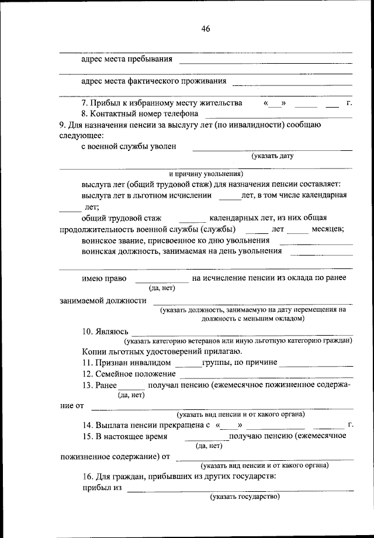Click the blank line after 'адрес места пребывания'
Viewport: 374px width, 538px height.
265,61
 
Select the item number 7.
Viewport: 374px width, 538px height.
85,103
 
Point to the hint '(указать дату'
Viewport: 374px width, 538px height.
272,156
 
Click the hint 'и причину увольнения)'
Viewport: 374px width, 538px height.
206,174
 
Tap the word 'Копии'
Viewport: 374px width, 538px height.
93,351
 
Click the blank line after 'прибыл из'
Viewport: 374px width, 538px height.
240,489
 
